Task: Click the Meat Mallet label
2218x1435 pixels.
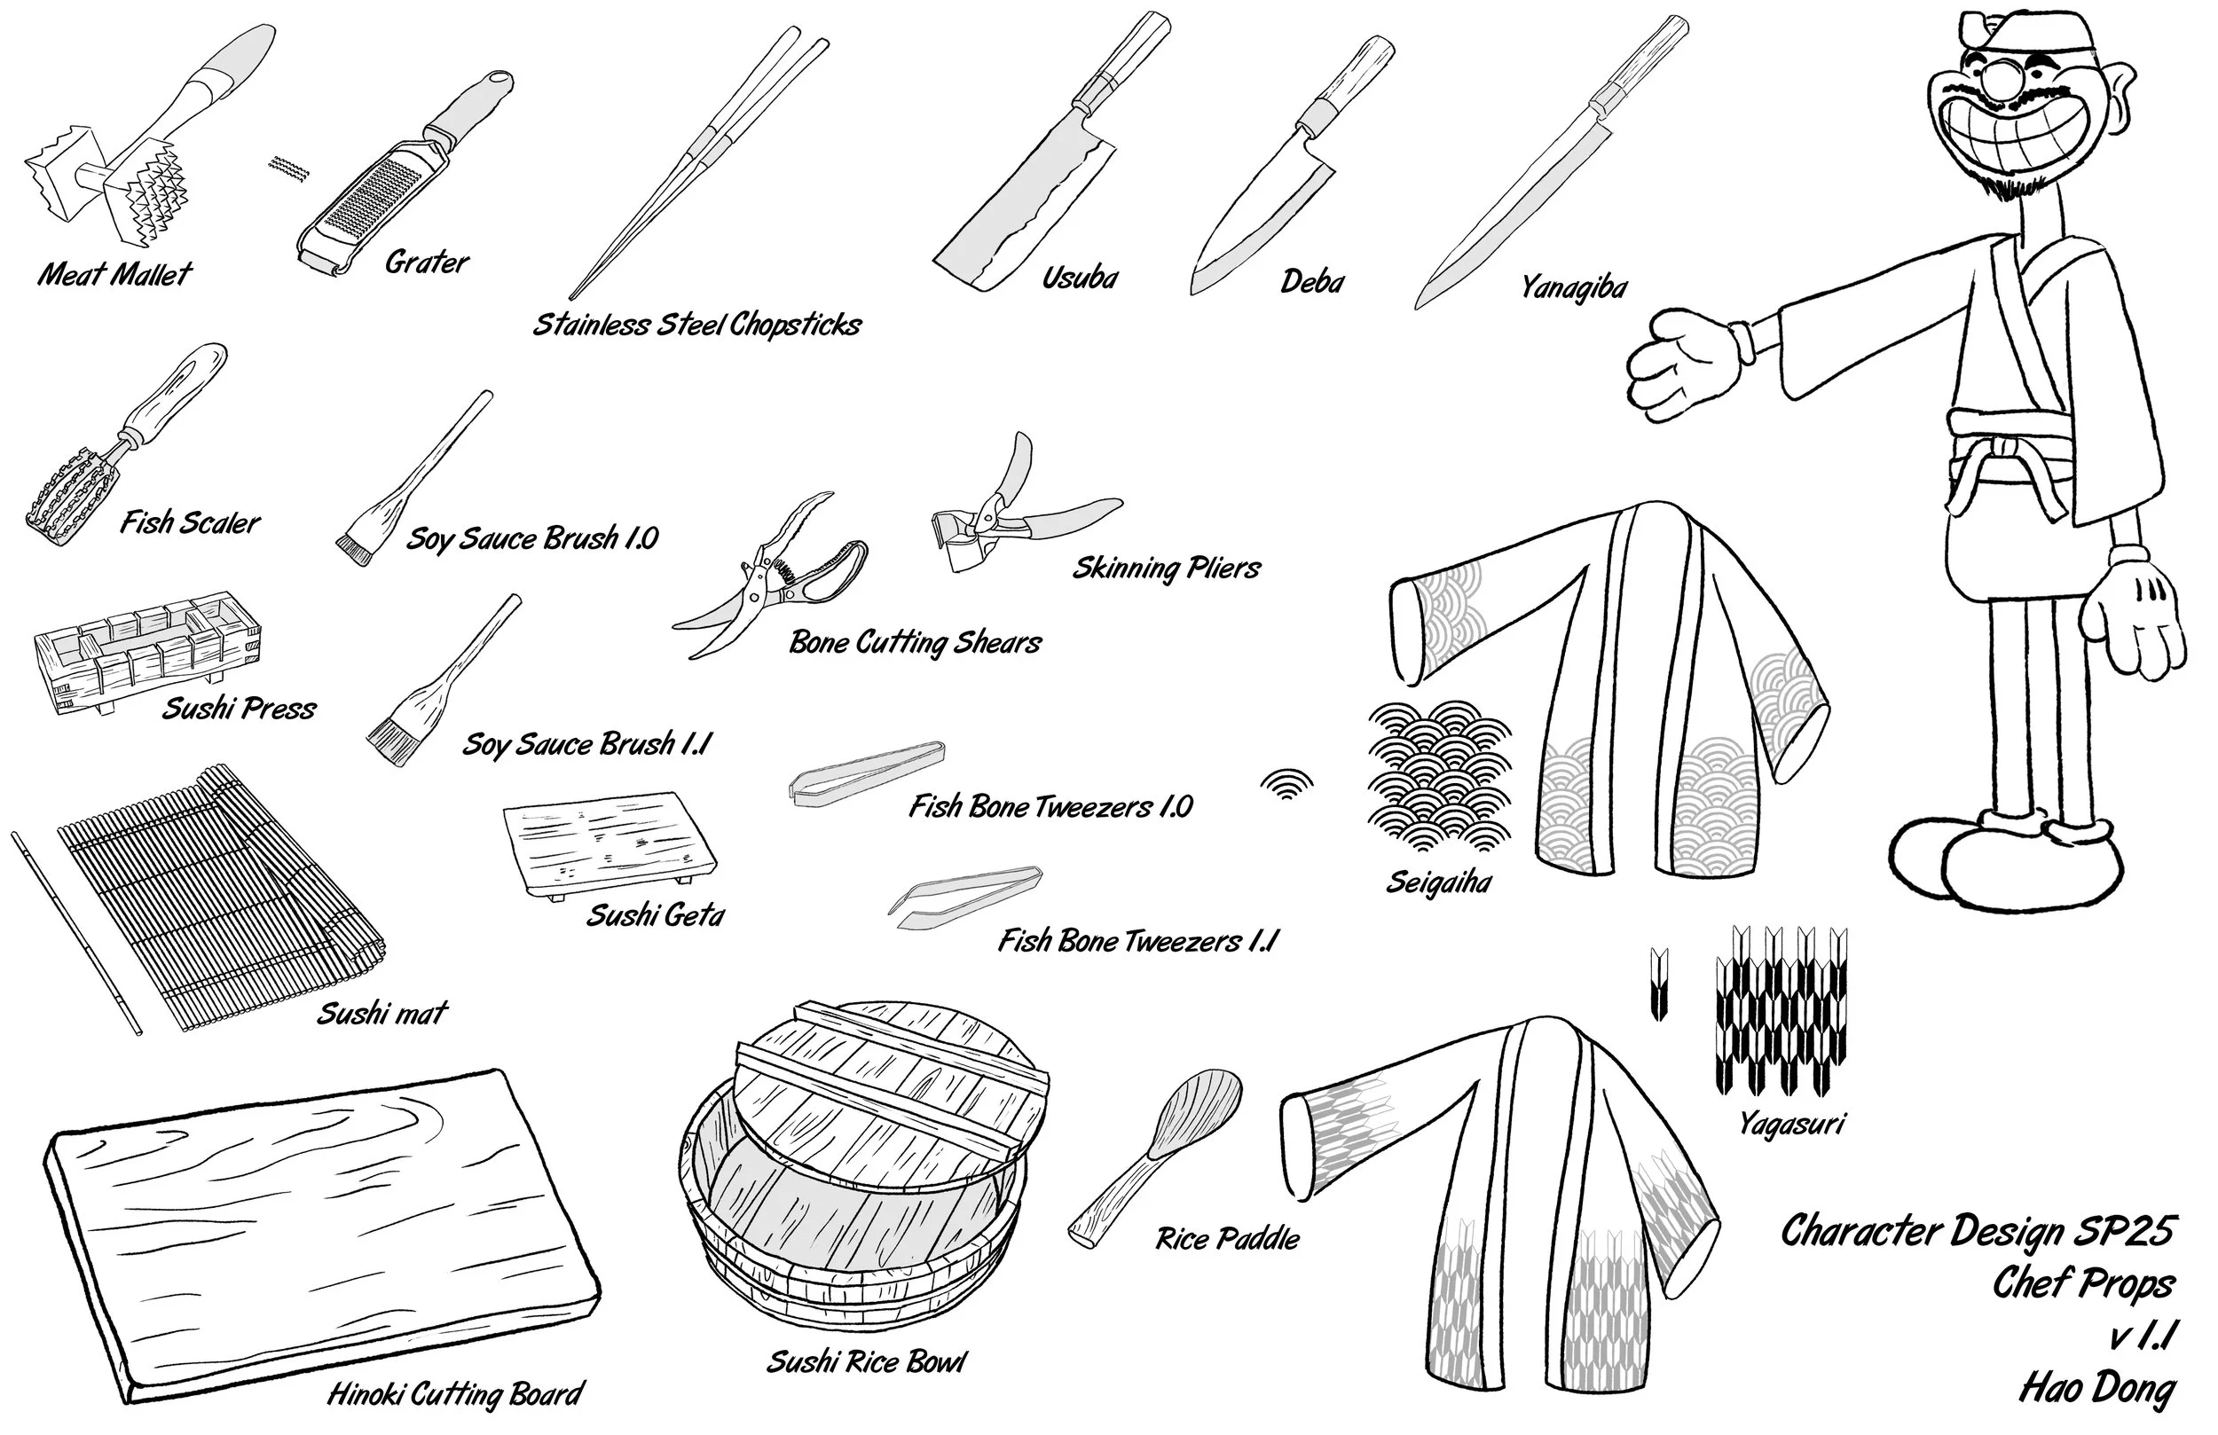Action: [x=114, y=274]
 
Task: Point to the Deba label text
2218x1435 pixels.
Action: [x=1312, y=281]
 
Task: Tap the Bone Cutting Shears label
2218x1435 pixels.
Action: [x=916, y=643]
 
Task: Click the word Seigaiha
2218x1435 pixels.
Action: [x=1439, y=882]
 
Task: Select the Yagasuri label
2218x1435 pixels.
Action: [x=1790, y=1124]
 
